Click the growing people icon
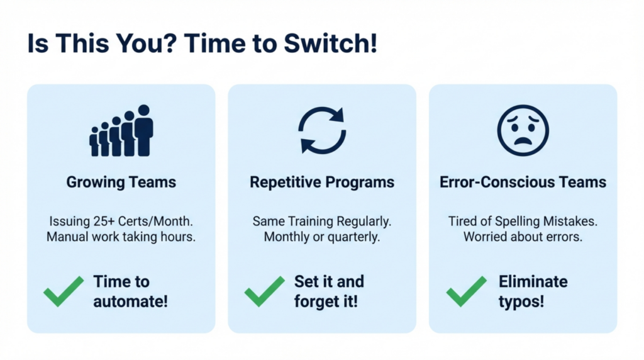click(x=121, y=131)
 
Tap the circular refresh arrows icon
click(x=321, y=131)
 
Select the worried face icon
click(x=523, y=130)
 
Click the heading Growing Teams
click(x=121, y=183)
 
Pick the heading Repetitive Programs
click(x=322, y=183)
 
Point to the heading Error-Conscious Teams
click(x=523, y=183)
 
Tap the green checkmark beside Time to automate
click(x=64, y=291)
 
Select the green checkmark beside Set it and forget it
click(x=264, y=291)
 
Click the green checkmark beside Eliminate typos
click(x=466, y=291)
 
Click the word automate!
click(x=131, y=301)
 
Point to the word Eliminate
click(x=533, y=281)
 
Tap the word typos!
click(x=521, y=301)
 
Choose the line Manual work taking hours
click(x=121, y=237)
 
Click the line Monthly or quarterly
click(x=322, y=237)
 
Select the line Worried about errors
click(x=523, y=237)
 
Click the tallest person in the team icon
click(x=144, y=130)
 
